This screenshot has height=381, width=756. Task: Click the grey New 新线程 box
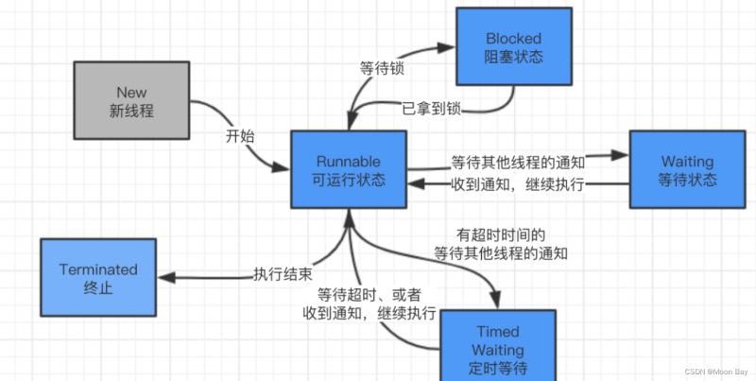pyautogui.click(x=131, y=101)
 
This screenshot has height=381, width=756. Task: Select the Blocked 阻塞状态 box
pyautogui.click(x=514, y=48)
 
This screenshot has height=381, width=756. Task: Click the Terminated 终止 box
pyautogui.click(x=99, y=278)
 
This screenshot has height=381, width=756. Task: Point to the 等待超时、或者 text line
pyautogui.click(x=369, y=294)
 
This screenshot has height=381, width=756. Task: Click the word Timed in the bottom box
pyautogui.click(x=497, y=331)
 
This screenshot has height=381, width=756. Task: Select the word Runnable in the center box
pyautogui.click(x=349, y=162)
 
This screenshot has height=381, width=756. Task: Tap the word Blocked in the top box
pyautogui.click(x=514, y=39)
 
